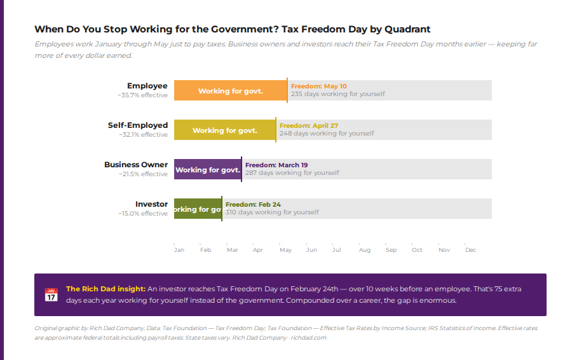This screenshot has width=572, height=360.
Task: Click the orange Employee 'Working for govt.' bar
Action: click(x=230, y=90)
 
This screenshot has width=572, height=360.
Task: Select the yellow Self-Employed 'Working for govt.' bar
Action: click(x=224, y=130)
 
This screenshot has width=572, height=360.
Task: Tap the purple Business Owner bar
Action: click(x=207, y=169)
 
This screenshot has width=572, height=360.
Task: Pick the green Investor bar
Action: click(x=198, y=209)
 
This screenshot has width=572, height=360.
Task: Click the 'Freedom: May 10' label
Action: click(x=318, y=86)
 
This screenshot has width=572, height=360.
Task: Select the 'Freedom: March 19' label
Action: click(x=276, y=165)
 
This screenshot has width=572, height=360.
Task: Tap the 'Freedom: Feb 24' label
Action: click(x=253, y=204)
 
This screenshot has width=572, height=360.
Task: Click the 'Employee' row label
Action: click(x=147, y=86)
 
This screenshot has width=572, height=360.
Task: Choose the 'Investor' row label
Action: click(x=151, y=204)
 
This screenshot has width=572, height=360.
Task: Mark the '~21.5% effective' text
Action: click(x=143, y=174)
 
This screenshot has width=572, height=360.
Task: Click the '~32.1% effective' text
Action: click(x=143, y=135)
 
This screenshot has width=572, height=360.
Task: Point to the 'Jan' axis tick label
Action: click(x=179, y=250)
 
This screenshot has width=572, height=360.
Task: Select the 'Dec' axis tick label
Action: click(x=470, y=250)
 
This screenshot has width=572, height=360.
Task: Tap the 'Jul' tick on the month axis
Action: click(x=336, y=250)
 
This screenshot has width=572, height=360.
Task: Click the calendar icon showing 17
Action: click(x=51, y=295)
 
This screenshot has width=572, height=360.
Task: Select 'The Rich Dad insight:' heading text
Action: click(x=106, y=289)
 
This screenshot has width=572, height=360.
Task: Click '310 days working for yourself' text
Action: click(x=272, y=212)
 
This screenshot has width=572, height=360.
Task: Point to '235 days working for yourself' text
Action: click(x=337, y=94)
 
